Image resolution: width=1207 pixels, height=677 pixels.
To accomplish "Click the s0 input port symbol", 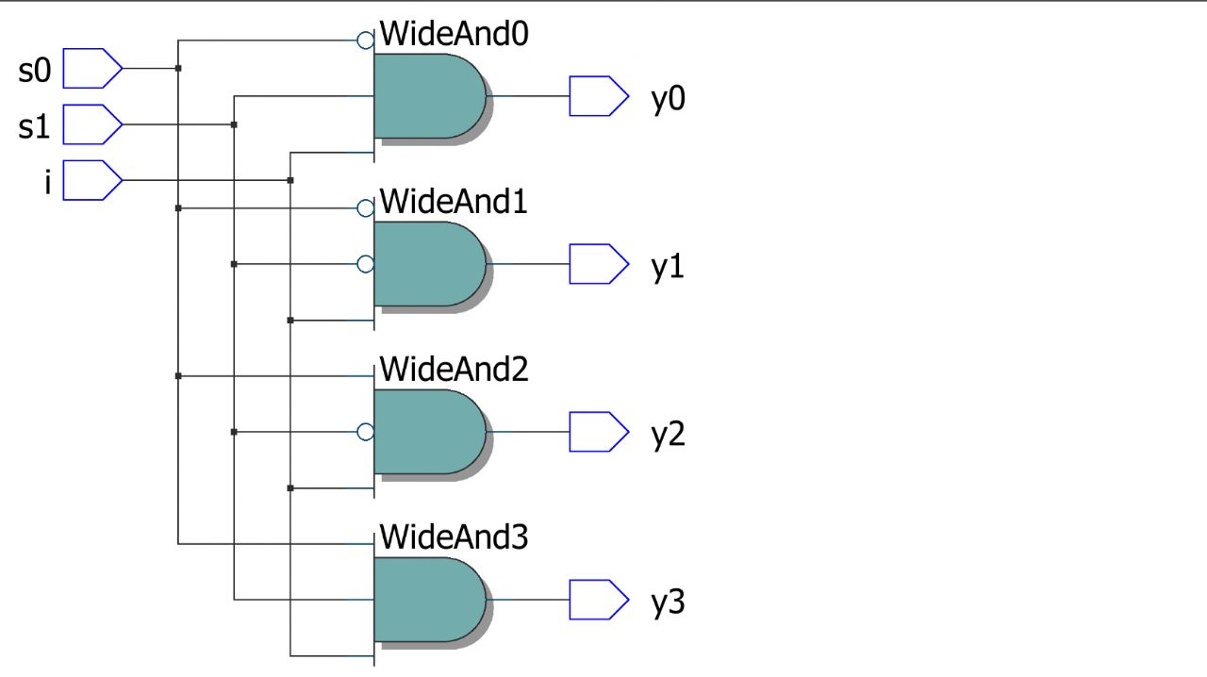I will coord(91,68).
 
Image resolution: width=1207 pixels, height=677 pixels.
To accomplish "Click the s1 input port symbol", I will coord(91,124).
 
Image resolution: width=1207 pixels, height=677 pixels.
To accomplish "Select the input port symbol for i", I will coord(91,180).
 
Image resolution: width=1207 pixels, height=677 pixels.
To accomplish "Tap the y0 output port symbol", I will coord(598,96).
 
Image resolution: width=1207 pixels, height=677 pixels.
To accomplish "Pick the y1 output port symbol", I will coord(598,264).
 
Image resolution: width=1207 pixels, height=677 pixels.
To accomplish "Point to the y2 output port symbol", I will coord(598,432).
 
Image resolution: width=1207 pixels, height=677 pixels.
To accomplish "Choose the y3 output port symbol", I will coord(598,600).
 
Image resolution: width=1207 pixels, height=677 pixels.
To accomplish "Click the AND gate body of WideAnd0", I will coord(429,96).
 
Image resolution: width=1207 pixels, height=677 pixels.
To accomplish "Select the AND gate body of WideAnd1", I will coord(429,264).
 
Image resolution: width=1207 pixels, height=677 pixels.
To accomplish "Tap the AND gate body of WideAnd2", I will coord(429,432).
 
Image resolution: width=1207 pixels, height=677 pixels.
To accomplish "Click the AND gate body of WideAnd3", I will coord(429,600).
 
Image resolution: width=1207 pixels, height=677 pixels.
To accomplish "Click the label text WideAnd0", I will coord(453,35).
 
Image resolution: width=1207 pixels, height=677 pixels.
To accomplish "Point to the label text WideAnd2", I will coord(453,370).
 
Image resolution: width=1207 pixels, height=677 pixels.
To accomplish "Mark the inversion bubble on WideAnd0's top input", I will coord(366,41).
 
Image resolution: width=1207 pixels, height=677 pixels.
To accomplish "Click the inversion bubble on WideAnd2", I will coord(366,432).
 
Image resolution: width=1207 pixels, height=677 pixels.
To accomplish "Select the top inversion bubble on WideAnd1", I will coord(366,208).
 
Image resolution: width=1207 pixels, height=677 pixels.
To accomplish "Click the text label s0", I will coord(34,70).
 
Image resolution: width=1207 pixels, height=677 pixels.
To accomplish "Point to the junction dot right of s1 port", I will coord(234,124).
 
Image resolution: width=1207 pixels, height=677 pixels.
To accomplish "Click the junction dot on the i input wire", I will coord(290,180).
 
